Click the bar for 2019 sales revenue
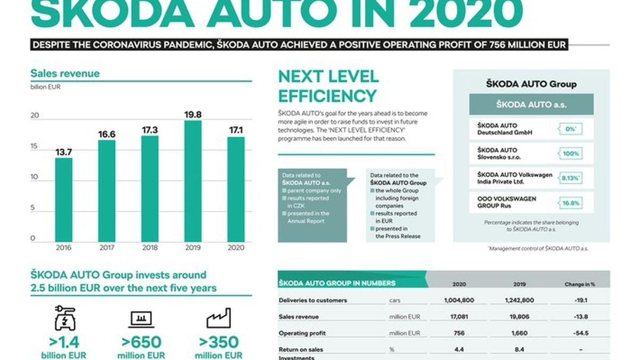coord(193,181)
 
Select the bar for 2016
coord(63,199)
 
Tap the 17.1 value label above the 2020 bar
coord(236,129)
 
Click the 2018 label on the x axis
coord(149,247)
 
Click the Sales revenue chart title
coord(65,74)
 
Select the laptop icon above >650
coord(141,319)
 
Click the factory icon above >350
coord(218,318)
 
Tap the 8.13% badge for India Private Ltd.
coord(570,178)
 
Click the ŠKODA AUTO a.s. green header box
coord(531,105)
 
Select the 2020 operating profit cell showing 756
coord(459,333)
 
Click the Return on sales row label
coord(301,350)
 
